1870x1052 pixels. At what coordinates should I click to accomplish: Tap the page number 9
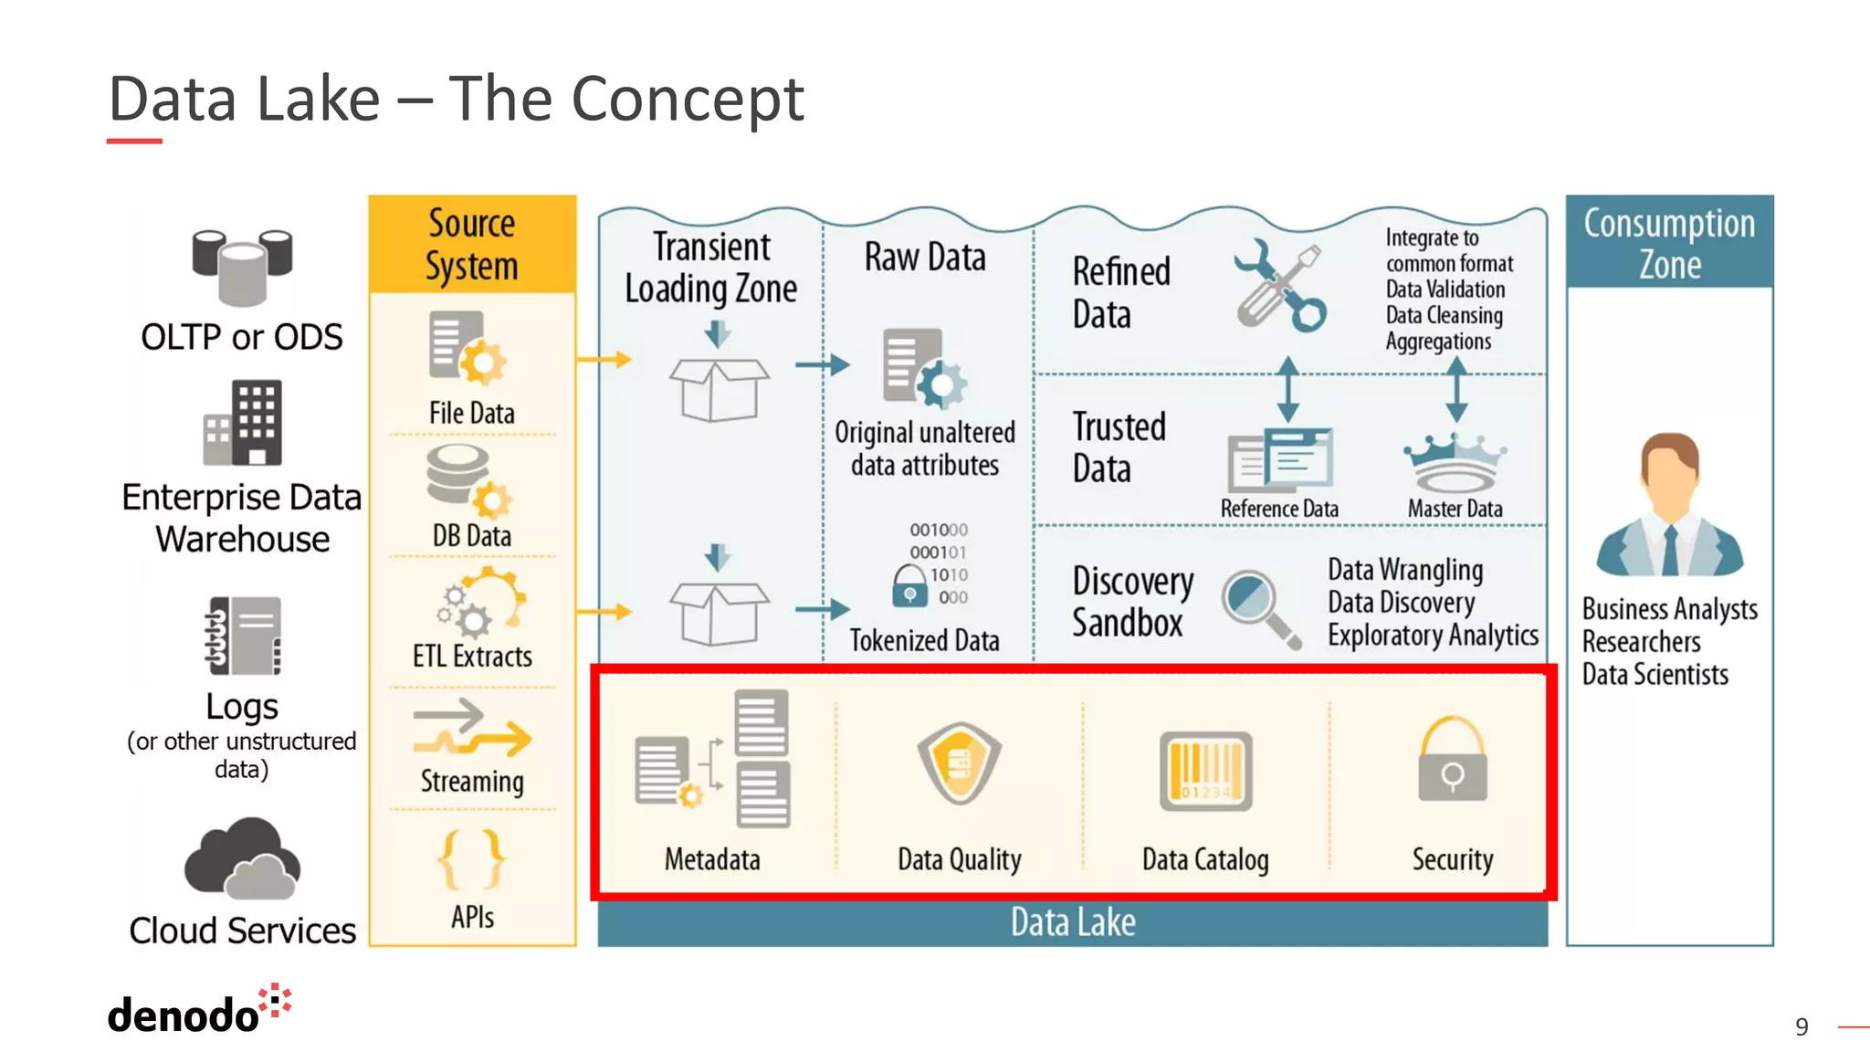1802,1027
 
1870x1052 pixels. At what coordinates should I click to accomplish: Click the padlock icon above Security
1452,760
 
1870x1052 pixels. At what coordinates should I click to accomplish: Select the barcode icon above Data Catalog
1205,771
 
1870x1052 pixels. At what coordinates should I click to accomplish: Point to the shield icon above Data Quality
959,763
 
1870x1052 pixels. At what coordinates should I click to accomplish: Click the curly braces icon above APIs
472,859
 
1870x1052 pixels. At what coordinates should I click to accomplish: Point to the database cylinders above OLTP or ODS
242,265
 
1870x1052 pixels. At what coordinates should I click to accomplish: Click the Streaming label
472,782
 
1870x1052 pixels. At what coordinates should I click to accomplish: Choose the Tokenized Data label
924,641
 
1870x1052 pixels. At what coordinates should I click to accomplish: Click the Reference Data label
1279,509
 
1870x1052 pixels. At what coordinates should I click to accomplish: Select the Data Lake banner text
1073,922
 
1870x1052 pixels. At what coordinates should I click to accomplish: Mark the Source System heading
472,245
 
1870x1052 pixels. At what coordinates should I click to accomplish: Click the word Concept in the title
687,99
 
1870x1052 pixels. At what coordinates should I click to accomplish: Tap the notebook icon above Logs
243,636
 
